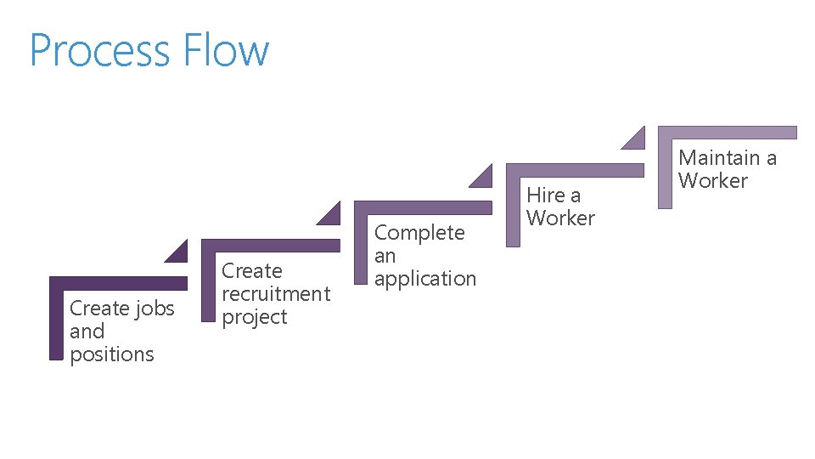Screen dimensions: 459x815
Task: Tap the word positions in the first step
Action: pos(112,354)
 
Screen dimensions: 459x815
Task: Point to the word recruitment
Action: pos(275,294)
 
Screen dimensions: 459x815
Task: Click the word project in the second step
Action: pos(255,317)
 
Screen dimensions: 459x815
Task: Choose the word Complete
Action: pos(419,233)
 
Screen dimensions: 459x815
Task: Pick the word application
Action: pos(425,279)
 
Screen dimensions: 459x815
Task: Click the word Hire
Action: pos(545,195)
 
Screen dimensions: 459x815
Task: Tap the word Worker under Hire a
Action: pos(560,218)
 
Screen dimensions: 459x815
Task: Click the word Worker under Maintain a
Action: pos(713,180)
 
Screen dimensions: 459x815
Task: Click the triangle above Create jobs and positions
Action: pos(178,252)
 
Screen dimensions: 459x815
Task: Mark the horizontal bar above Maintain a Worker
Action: pos(728,132)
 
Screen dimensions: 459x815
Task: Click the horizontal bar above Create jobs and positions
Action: pos(118,283)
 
